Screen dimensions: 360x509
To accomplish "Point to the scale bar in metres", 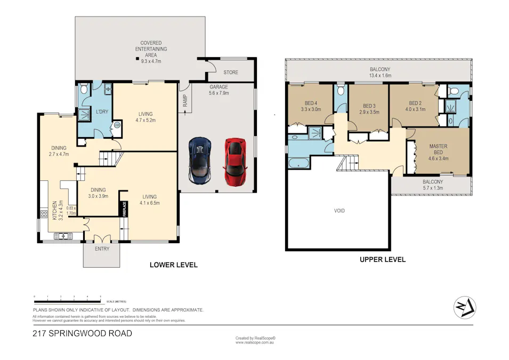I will [67, 299].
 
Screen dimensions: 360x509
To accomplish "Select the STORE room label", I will [231, 72].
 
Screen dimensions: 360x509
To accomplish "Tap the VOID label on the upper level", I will [340, 211].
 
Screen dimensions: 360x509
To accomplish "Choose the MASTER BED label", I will [438, 149].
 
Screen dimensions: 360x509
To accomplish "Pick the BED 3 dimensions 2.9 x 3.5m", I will [369, 113].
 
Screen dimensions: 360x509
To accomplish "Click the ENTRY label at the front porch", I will [102, 249].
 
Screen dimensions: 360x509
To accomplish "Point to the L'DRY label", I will [102, 111].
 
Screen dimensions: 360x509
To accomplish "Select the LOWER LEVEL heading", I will [173, 265].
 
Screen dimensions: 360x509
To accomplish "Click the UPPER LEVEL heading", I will [382, 260].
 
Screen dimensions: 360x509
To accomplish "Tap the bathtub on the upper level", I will [298, 162].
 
